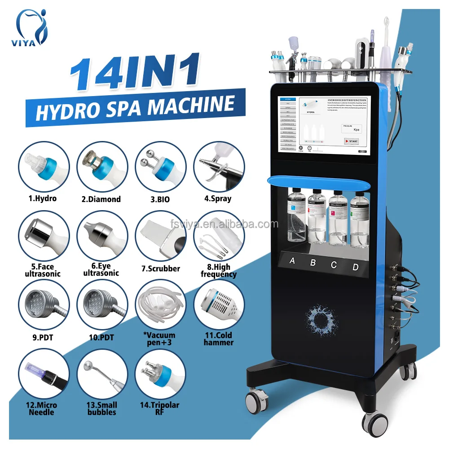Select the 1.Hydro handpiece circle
(x=44, y=167)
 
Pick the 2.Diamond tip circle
(x=102, y=167)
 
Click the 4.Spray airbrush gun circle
(x=219, y=167)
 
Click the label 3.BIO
(x=160, y=199)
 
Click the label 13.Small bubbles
(x=102, y=409)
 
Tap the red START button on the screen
(x=351, y=141)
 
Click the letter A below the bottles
(x=292, y=260)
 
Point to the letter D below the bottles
(x=355, y=267)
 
